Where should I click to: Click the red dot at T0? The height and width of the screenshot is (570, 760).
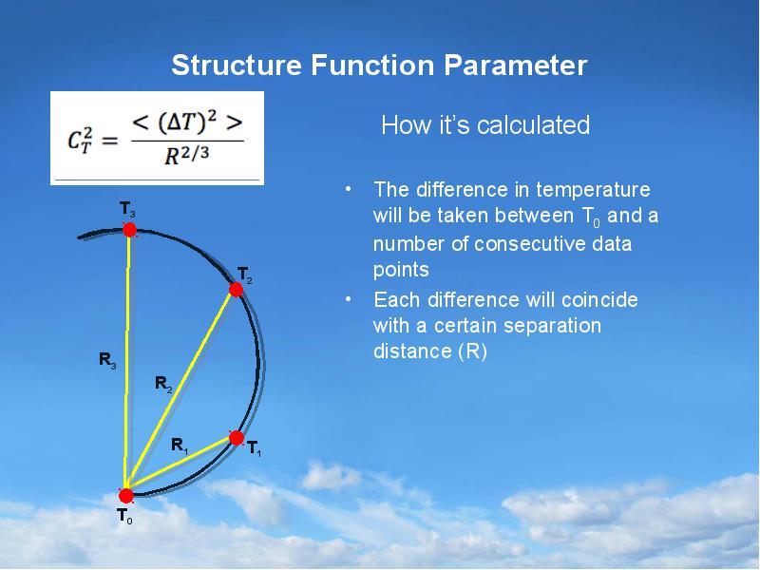(x=125, y=495)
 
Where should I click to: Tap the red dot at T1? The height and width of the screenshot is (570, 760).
(x=237, y=437)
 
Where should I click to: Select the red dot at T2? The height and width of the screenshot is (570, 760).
(x=237, y=289)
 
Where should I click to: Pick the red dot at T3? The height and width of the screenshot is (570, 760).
(x=130, y=229)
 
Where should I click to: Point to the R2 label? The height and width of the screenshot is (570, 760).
(x=163, y=383)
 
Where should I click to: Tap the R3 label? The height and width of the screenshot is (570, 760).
(x=107, y=359)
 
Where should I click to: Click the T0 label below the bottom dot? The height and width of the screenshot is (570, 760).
(x=124, y=517)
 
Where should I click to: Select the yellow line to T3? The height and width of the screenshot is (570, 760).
(x=128, y=361)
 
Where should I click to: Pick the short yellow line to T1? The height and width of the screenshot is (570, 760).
(x=180, y=466)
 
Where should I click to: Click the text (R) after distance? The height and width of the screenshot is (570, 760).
(x=472, y=352)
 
